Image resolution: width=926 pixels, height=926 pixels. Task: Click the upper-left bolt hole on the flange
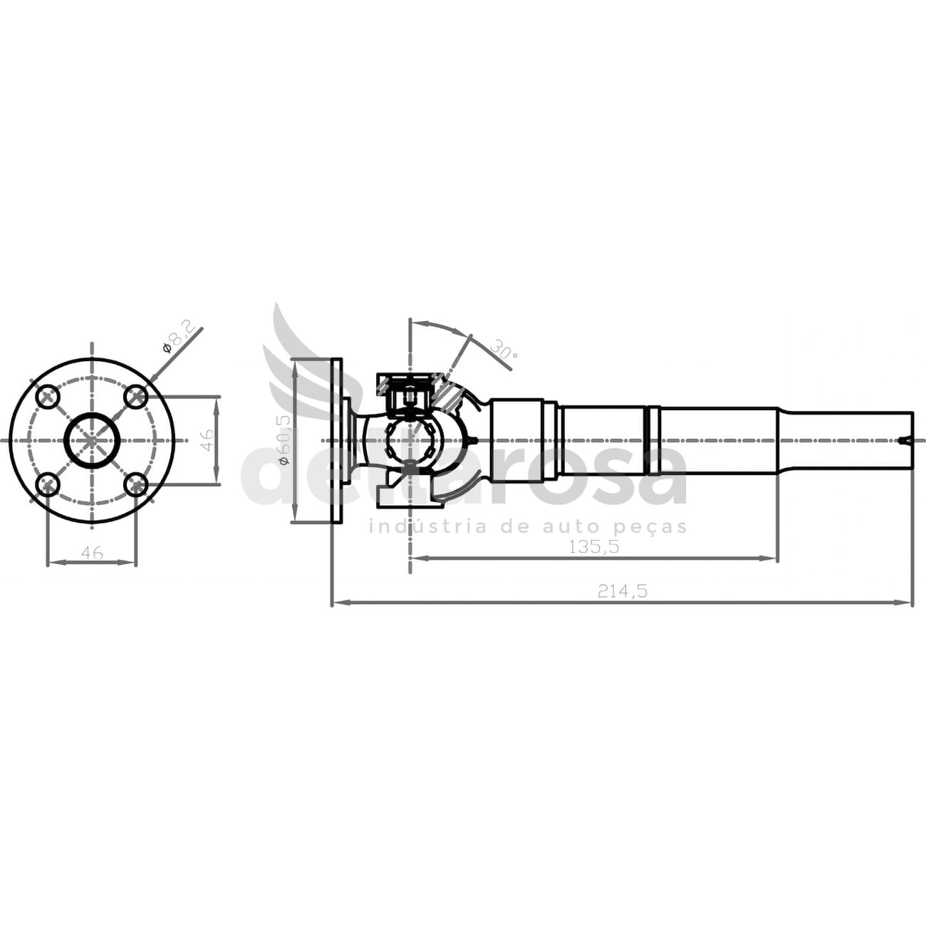click(48, 397)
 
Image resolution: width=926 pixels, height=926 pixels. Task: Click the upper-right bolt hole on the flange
click(136, 397)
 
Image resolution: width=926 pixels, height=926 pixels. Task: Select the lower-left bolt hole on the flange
click(48, 485)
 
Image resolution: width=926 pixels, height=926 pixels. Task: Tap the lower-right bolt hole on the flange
click(136, 485)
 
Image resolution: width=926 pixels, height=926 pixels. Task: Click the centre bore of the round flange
click(92, 440)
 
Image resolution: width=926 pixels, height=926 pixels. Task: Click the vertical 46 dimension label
click(206, 439)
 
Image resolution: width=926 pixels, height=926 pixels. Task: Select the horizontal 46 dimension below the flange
click(92, 553)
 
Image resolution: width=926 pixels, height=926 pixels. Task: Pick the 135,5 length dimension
click(594, 547)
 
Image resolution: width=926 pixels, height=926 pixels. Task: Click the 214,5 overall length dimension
click(623, 591)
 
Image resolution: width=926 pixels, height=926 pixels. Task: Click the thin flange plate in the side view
click(337, 440)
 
